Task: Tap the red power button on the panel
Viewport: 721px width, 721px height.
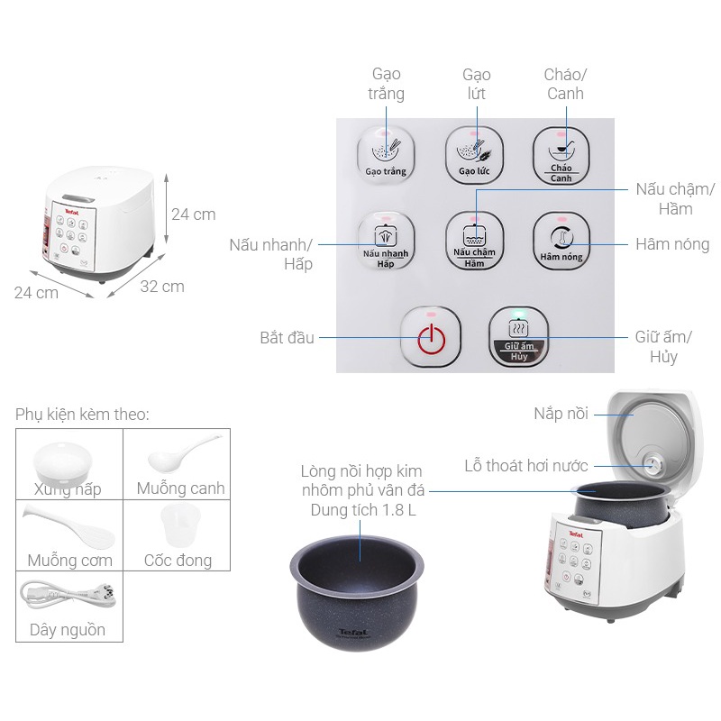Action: (432, 339)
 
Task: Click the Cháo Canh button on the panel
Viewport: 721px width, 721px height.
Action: (561, 155)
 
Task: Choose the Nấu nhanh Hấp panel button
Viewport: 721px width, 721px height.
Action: (386, 242)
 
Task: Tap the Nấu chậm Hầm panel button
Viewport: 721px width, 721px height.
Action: (474, 241)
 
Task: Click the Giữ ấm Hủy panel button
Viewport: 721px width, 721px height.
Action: (519, 337)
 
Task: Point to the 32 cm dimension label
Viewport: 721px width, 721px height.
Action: (162, 287)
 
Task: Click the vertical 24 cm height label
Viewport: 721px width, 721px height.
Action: (193, 214)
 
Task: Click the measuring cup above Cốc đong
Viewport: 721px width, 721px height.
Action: (177, 525)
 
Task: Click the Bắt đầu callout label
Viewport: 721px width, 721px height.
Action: (287, 338)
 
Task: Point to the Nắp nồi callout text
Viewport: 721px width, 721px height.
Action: (560, 414)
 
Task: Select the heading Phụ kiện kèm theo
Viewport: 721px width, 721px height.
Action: (82, 415)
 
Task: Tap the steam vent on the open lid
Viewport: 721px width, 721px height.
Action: (653, 465)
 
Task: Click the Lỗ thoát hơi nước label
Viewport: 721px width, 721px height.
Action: (526, 466)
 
